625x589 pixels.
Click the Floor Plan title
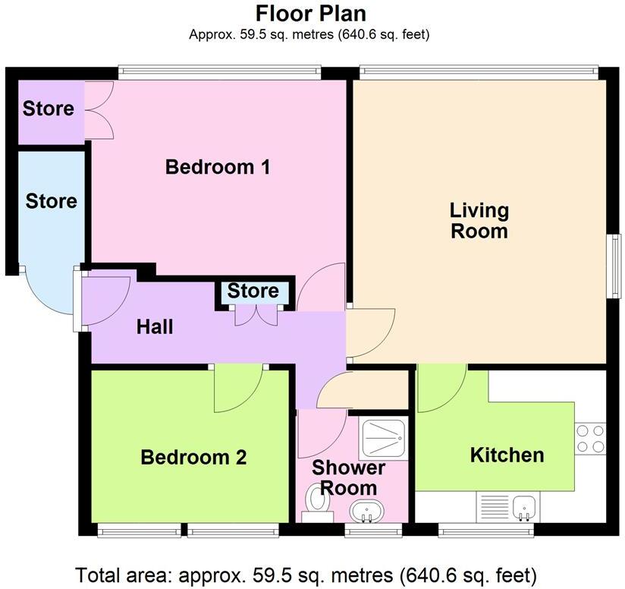311,14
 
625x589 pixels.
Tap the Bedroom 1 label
218,167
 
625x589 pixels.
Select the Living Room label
479,220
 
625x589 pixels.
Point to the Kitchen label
507,455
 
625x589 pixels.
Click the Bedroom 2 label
193,458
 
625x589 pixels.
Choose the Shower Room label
349,477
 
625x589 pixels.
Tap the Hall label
155,327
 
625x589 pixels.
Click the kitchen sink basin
524,506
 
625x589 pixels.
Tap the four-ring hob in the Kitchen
590,438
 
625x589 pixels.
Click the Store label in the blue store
51,201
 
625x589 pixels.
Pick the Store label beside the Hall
253,291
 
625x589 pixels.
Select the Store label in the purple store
49,109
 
